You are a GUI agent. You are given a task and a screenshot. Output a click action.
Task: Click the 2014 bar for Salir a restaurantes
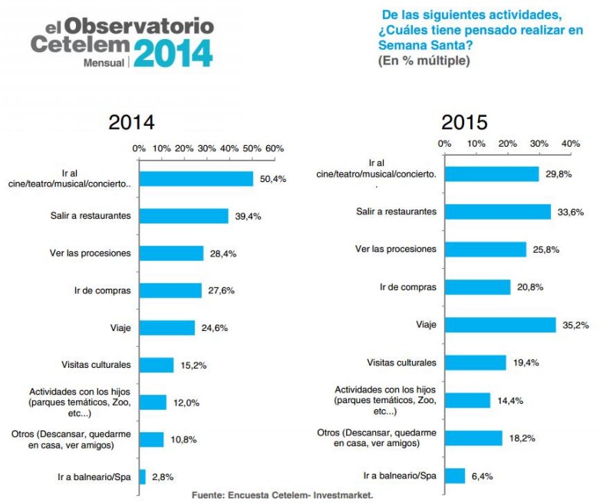pos(183,216)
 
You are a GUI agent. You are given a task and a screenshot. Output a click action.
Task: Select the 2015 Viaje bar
pos(500,325)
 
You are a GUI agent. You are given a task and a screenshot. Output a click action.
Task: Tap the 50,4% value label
pos(274,179)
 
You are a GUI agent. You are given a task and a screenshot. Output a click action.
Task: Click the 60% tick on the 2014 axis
pos(274,148)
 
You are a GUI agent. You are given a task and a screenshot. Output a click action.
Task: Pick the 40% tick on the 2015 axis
pos(570,143)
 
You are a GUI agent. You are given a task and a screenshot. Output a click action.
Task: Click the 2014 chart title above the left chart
pos(131,123)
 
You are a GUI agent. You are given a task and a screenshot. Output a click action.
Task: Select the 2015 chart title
pos(463,122)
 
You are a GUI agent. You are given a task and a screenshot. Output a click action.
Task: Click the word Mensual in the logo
pos(104,63)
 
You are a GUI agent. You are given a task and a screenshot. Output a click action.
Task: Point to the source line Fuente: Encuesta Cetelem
pos(282,495)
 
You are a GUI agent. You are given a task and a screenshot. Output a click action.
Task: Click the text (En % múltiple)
pos(424,61)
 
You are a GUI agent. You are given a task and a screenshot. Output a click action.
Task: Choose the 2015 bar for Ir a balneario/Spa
pos(455,475)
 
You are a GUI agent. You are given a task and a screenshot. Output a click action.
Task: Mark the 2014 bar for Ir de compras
pos(170,290)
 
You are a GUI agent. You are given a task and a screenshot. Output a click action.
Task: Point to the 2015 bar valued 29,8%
pos(492,174)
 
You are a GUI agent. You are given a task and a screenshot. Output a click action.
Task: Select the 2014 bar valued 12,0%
pos(152,402)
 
